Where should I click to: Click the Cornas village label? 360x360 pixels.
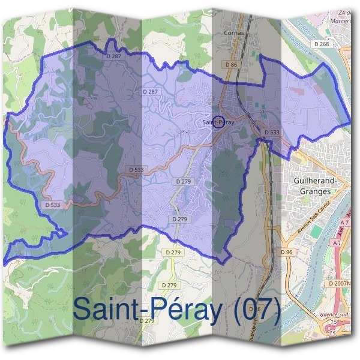tap(233, 33)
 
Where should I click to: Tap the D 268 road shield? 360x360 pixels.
tap(322, 44)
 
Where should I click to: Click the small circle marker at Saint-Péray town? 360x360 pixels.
tap(218, 122)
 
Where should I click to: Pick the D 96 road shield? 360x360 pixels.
tap(286, 252)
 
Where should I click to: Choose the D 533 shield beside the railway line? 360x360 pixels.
tap(272, 132)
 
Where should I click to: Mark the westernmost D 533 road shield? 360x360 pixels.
tap(53, 205)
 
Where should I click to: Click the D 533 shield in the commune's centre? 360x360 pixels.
tap(136, 170)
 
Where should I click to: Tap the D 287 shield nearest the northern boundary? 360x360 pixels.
tap(112, 56)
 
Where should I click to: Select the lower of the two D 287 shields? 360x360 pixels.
tap(151, 91)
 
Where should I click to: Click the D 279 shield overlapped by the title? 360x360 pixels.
tap(147, 320)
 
